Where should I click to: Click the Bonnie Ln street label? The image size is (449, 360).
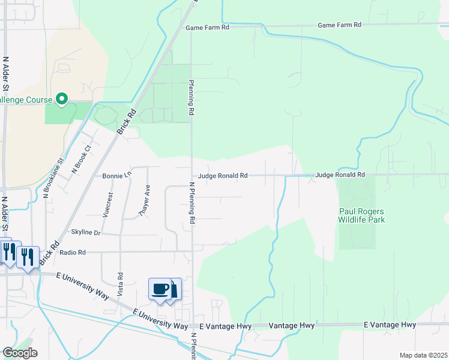tap(117, 176)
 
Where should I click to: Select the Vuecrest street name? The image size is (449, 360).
tap(108, 203)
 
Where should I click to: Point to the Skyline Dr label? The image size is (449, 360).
tap(86, 232)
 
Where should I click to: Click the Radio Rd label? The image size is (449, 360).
tap(73, 253)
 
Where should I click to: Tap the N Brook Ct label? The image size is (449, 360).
tap(81, 159)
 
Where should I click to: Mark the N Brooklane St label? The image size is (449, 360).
tap(53, 178)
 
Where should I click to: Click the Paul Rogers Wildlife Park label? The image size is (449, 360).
tap(361, 215)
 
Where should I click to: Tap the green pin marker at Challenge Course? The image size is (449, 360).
tap(61, 98)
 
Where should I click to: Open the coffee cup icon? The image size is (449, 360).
tap(160, 289)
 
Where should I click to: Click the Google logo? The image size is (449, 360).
tap(20, 353)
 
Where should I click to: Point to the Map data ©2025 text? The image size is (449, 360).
tap(424, 355)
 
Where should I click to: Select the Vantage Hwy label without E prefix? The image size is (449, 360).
tap(291, 325)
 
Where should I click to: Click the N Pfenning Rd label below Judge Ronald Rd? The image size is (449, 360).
tap(192, 203)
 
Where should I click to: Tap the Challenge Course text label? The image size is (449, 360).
tap(24, 99)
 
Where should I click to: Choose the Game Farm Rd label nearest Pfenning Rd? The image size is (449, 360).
tap(207, 28)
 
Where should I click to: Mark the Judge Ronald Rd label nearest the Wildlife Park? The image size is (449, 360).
tap(340, 175)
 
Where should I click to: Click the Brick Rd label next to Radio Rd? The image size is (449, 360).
tap(49, 253)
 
